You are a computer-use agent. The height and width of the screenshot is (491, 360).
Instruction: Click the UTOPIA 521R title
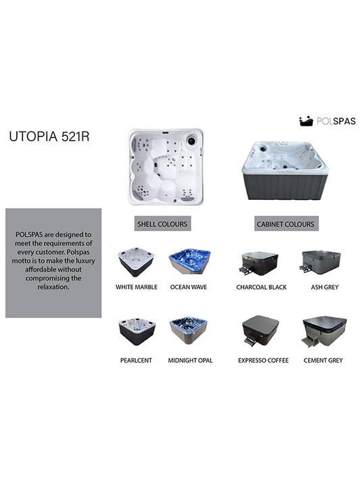pos(49,136)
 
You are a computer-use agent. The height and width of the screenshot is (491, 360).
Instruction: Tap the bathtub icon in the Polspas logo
pos(306,121)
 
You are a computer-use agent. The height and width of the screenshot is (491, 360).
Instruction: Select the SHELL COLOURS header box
pos(163,224)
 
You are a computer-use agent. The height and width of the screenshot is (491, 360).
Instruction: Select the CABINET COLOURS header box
pos(286,224)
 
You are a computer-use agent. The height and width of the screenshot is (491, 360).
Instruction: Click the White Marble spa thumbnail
pos(136,262)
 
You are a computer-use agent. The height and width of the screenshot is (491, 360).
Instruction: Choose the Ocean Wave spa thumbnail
pos(189,262)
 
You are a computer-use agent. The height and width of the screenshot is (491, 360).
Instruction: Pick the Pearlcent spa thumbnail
pos(137,332)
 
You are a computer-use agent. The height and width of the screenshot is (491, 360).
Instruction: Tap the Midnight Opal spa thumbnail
pos(188,331)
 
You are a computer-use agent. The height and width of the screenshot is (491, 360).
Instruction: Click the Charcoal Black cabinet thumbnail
pos(259,263)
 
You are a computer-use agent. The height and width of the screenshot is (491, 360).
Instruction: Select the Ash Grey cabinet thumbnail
pos(320,262)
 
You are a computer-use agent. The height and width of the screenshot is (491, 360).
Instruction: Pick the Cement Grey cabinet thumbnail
pos(324,332)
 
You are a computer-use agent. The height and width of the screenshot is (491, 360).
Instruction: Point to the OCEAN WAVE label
pos(188,287)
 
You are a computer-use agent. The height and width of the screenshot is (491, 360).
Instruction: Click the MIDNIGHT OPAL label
pos(190,361)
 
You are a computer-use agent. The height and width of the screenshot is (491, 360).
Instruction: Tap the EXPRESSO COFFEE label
pos(263,361)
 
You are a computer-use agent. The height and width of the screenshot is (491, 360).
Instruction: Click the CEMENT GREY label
pos(323,361)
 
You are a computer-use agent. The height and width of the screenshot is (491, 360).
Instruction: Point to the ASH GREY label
pos(325,287)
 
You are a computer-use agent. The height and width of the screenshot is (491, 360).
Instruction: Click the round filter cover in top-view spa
pos(192,140)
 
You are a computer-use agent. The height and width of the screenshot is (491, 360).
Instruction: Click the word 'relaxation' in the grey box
pos(53,287)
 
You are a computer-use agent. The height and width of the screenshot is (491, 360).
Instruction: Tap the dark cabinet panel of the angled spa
pos(286,186)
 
